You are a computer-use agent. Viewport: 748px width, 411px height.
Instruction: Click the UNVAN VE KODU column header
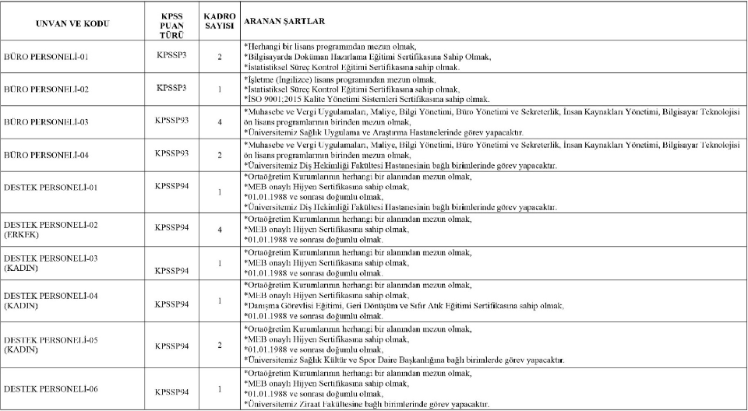72,23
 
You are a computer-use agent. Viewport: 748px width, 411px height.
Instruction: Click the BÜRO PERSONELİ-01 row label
46,57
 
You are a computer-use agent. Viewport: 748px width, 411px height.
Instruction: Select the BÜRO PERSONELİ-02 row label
46,90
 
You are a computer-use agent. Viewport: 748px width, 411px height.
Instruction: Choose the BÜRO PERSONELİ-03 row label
46,122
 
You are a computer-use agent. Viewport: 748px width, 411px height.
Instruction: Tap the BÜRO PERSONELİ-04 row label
46,155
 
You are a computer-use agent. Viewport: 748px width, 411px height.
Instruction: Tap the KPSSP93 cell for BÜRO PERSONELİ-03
171,121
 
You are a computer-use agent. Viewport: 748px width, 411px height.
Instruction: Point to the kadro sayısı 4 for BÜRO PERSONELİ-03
220,121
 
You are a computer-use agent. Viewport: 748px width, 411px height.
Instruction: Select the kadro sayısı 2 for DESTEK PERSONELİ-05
220,345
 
